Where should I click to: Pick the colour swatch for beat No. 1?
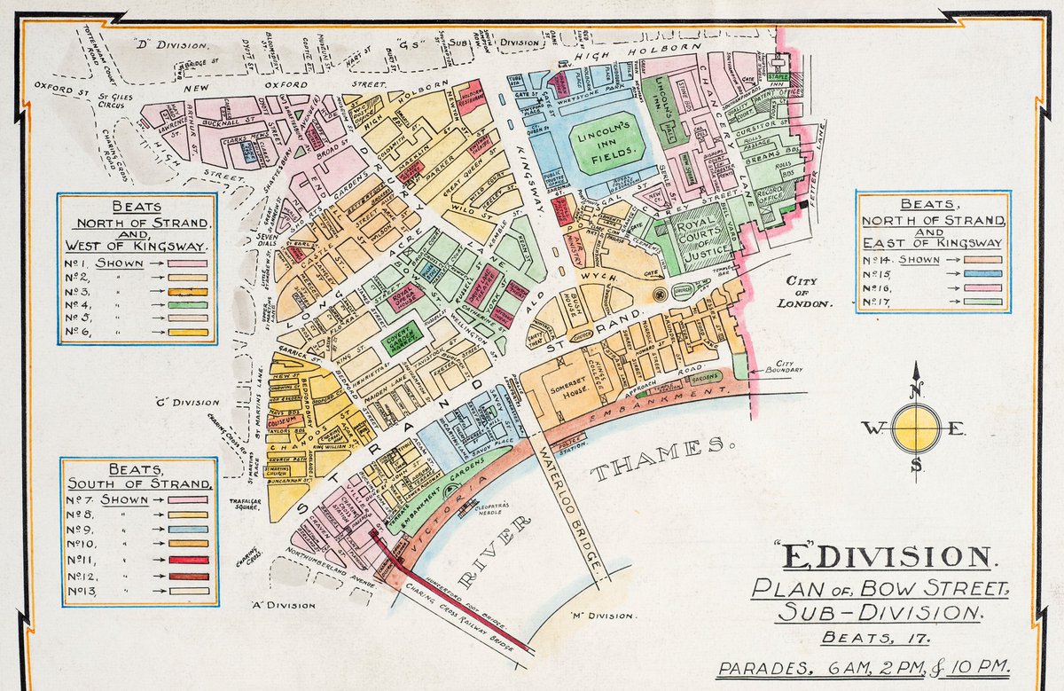tap(182, 263)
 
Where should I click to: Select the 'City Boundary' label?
tap(786, 365)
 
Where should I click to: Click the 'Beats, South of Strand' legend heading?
tap(137, 476)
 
